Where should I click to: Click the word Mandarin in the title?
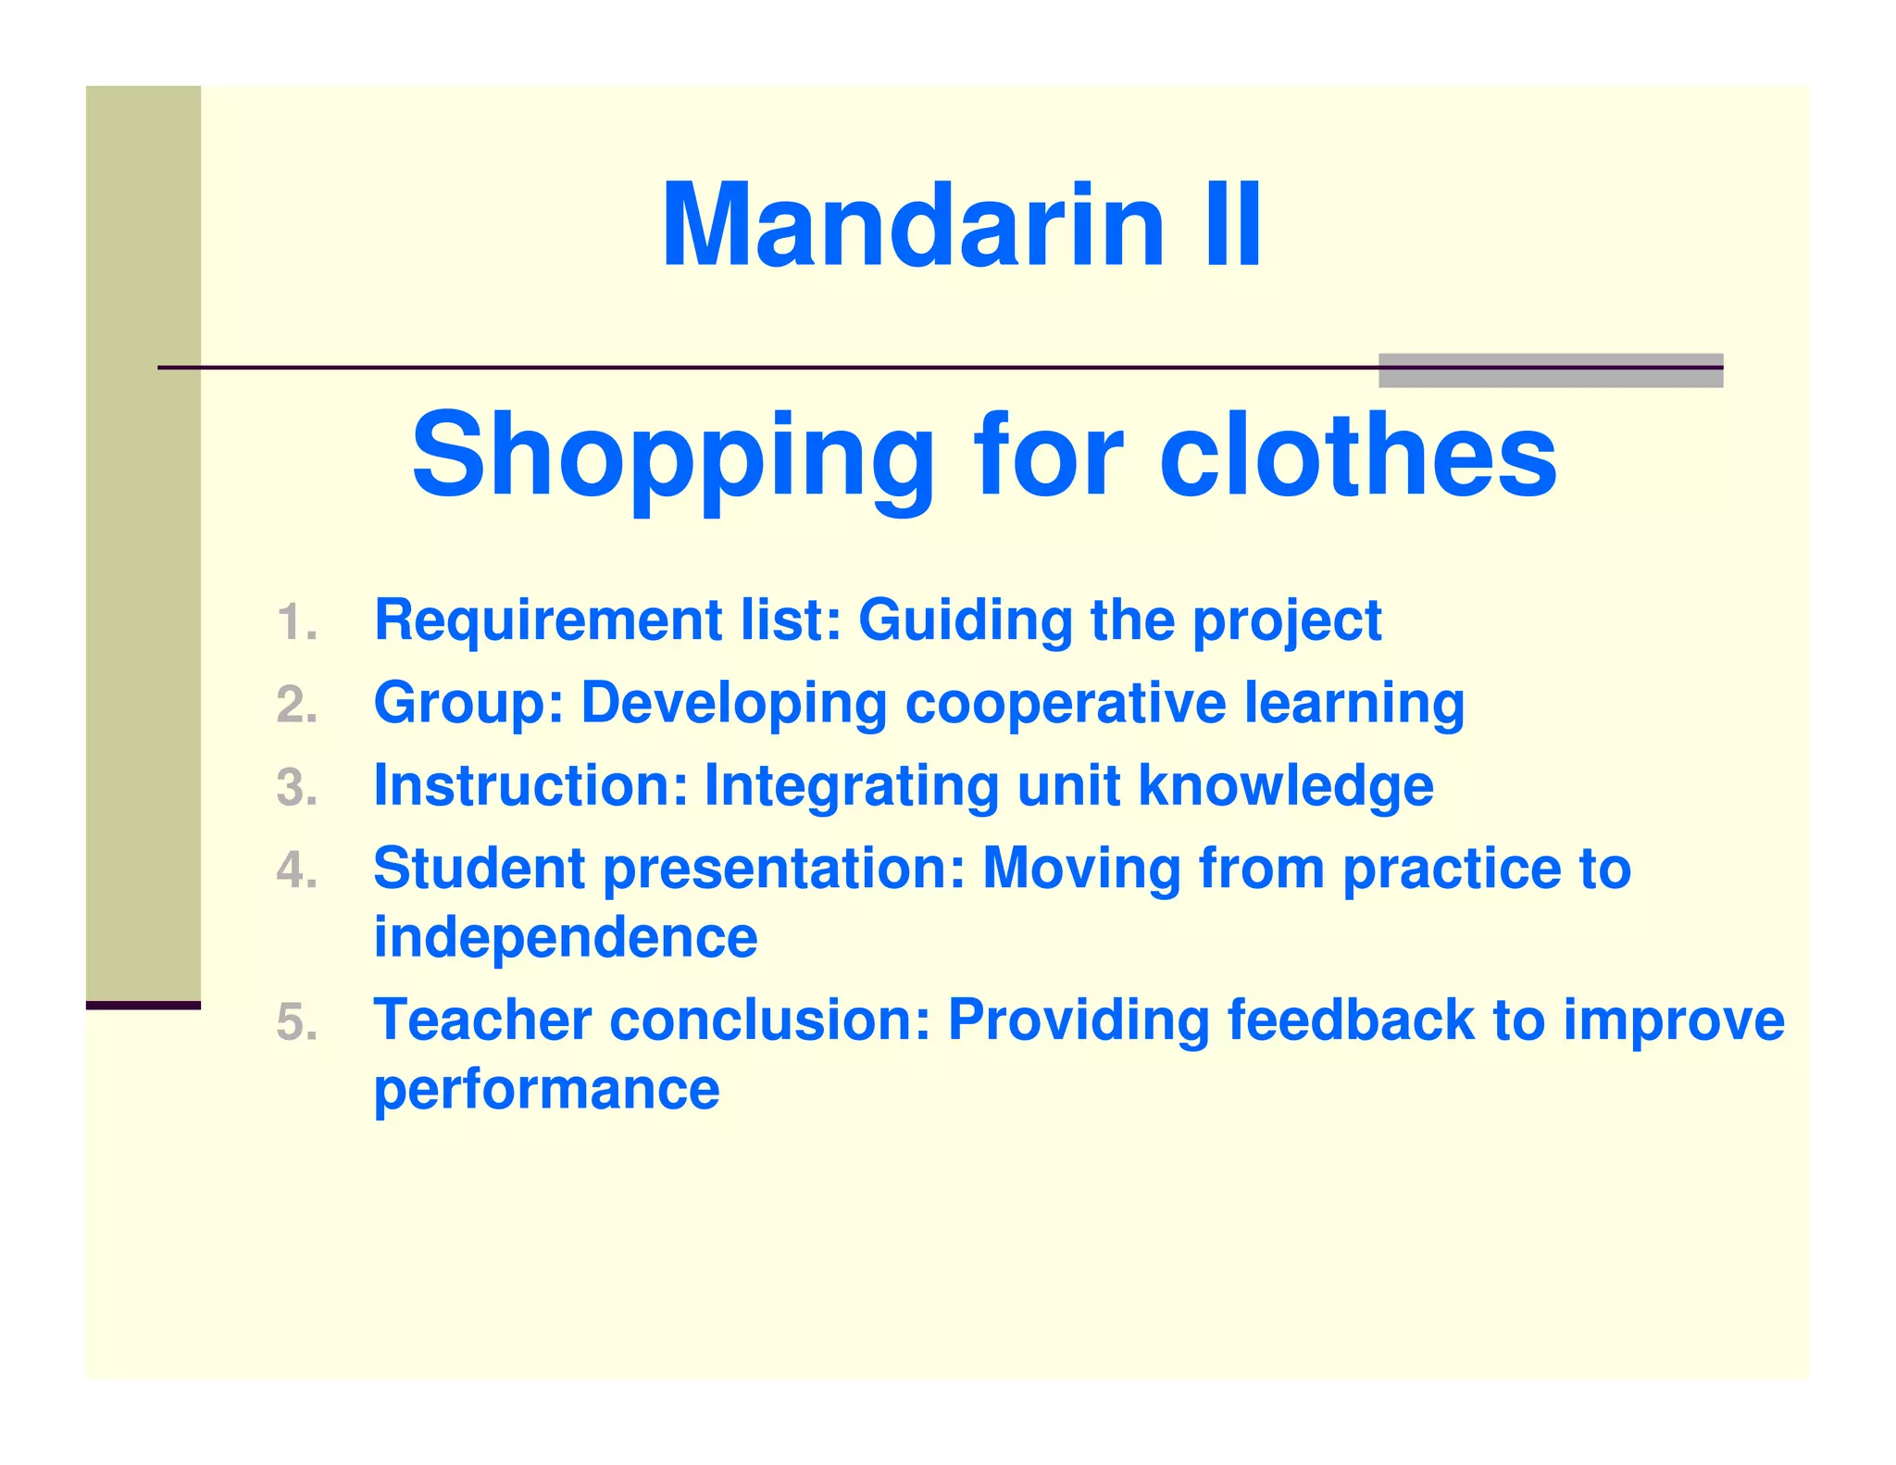pos(912,226)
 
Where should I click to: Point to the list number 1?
pos(296,621)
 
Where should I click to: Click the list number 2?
pos(296,705)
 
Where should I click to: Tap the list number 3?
pos(296,787)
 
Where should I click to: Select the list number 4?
pos(296,870)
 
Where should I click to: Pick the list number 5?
pos(296,1022)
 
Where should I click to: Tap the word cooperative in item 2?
pos(1066,704)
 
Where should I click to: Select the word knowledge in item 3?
pos(1286,787)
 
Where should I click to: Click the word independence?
pos(566,937)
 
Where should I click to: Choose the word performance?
pos(546,1090)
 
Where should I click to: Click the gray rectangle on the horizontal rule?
pos(1550,370)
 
